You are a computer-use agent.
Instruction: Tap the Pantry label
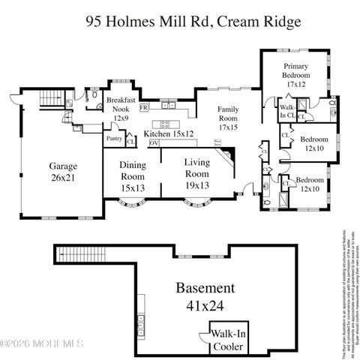coord(114,138)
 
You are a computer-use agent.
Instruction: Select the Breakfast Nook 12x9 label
coord(120,109)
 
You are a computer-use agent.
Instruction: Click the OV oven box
coord(154,142)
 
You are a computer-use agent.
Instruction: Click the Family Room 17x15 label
coord(228,118)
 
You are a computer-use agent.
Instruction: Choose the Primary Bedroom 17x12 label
coord(295,75)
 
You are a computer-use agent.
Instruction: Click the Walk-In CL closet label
coord(288,114)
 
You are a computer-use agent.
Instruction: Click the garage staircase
coord(48,98)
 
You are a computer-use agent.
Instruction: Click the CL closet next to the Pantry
coord(130,140)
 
